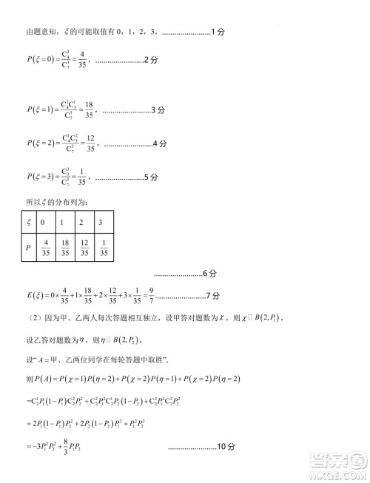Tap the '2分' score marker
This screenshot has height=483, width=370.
[x=151, y=58]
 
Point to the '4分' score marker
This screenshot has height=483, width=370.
[x=158, y=143]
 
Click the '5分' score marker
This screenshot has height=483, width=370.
[x=151, y=177]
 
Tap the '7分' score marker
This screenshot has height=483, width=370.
[x=213, y=296]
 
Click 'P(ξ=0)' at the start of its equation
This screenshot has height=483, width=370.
[x=41, y=59]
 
